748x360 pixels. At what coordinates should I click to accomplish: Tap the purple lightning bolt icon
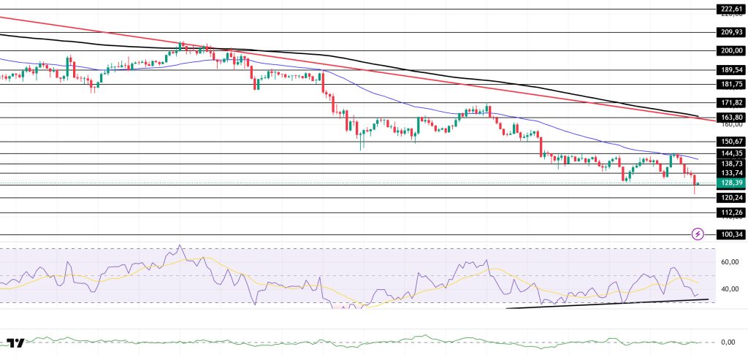698,234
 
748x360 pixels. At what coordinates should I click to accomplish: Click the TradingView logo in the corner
16,342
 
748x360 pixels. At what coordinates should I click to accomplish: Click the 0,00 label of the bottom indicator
728,342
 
